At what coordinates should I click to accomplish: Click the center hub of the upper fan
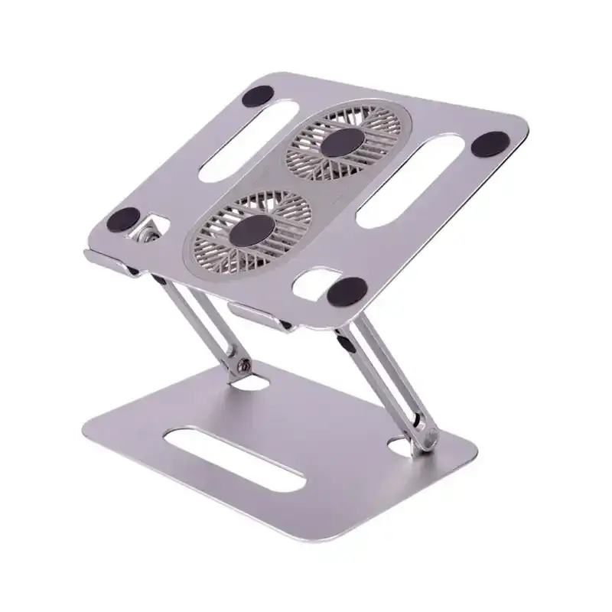(x=343, y=143)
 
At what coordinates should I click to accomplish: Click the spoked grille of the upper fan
(x=314, y=164)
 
